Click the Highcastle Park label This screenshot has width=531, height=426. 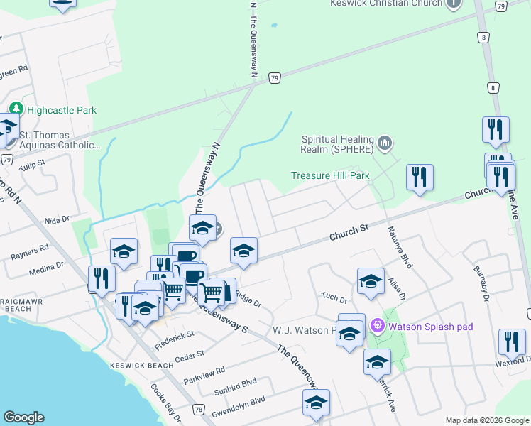62,110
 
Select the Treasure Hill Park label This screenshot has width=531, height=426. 331,175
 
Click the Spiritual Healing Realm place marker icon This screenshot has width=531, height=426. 385,143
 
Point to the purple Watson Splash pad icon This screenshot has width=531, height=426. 377,327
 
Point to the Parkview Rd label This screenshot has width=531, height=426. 204,371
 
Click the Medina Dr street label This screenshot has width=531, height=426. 45,269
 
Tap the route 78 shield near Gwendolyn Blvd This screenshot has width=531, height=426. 199,410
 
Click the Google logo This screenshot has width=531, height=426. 24,417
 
